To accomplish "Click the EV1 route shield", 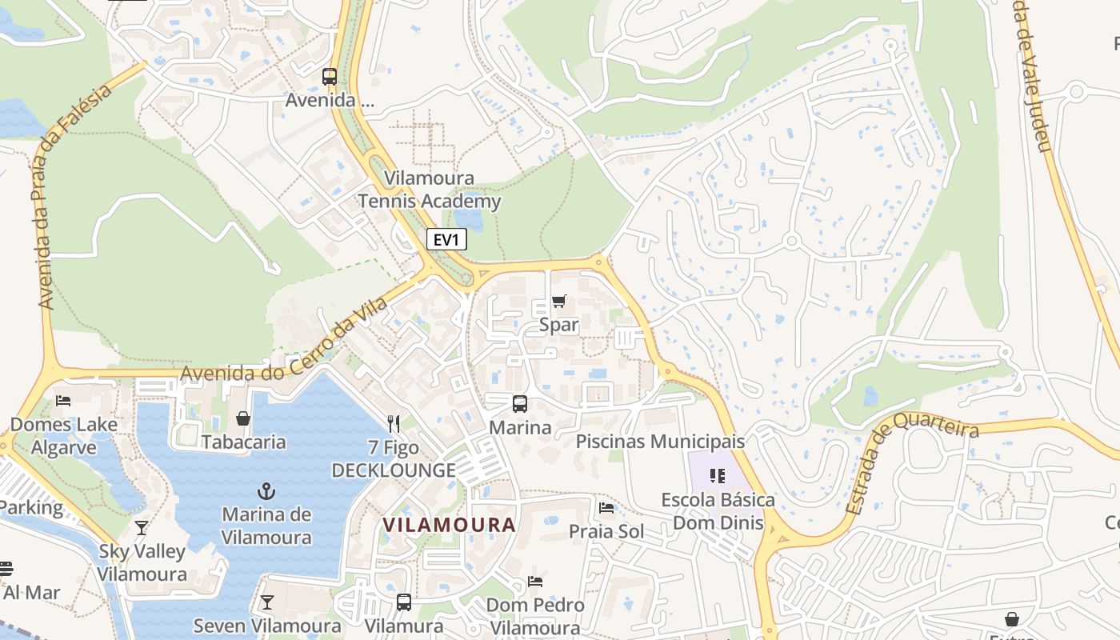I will pos(446,239).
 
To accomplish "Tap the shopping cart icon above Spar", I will pos(558,301).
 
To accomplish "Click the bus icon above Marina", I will pos(520,403).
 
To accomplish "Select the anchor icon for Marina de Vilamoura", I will pos(266,490).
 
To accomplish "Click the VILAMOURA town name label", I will pos(449,525).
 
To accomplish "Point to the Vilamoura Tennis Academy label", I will pos(430,190).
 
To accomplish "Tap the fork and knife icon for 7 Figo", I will pos(393,423).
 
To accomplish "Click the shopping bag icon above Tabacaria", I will pos(243,418).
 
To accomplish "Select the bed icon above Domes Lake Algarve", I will pos(63,400).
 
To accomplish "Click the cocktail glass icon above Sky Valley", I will pos(142,527).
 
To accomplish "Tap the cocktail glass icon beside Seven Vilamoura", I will pos(267,602).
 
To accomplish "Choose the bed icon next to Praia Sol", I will pos(606,507).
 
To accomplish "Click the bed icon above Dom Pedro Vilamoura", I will pos(535,581).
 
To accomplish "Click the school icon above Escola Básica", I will pos(718,477).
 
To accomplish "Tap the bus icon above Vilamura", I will pos(404,602).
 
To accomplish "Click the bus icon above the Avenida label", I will pos(330,77).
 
